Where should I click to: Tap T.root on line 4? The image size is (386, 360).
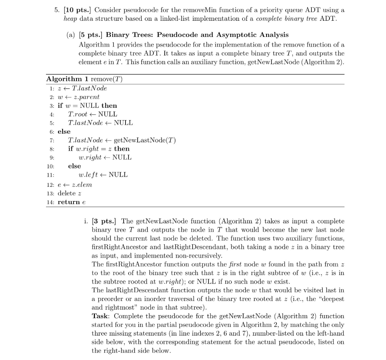[77, 114]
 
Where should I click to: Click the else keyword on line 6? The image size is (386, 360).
[64, 131]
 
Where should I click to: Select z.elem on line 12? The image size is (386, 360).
[82, 185]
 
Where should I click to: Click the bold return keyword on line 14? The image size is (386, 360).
[69, 202]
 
